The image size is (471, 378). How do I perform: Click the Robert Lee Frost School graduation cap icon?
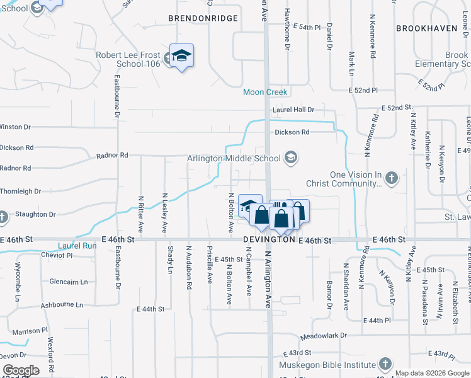181,55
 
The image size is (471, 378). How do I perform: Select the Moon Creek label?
265,92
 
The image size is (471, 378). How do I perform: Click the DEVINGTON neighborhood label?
270,241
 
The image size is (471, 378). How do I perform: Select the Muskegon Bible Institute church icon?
385,364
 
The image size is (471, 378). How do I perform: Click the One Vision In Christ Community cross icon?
391,178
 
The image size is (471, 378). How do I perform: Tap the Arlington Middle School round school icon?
290,157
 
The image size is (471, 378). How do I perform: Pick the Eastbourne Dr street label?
117,97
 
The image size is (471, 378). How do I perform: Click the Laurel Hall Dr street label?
293,110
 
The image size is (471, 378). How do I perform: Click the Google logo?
20,370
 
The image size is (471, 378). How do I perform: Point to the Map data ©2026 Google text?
431,373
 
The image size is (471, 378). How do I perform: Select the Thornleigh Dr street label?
20,191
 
